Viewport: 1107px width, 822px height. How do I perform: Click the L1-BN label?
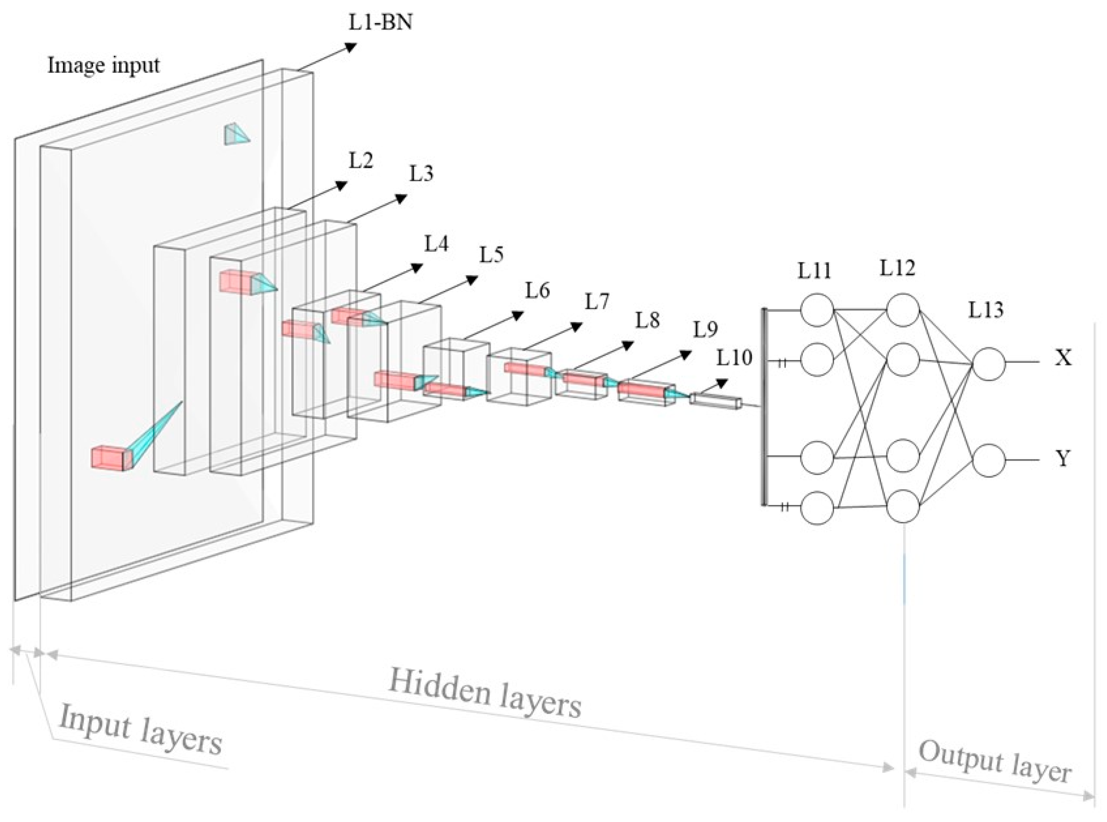point(380,23)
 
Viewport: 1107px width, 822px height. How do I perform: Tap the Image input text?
point(104,65)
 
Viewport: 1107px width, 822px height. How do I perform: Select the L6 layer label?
point(537,290)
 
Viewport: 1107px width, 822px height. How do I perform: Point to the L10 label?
point(734,358)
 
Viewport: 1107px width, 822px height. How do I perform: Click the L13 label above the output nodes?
point(986,310)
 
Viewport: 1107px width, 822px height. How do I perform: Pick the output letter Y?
point(1063,458)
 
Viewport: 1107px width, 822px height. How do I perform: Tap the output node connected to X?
point(988,364)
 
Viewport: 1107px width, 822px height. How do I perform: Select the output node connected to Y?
point(988,460)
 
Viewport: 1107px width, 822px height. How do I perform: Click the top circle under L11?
point(816,310)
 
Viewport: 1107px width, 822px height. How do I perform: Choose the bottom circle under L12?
point(903,506)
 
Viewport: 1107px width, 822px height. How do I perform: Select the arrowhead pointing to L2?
point(341,185)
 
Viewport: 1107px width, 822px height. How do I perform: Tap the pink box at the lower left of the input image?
point(107,457)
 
